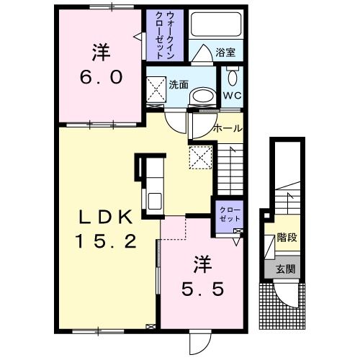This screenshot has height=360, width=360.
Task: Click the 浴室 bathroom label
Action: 229,53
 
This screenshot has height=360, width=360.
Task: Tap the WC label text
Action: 232,94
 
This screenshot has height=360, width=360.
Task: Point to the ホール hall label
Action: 228,128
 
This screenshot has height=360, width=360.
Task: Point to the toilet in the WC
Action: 232,77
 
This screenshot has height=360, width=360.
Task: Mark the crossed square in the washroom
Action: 156,91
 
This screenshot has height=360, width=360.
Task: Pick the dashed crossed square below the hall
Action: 199,156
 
